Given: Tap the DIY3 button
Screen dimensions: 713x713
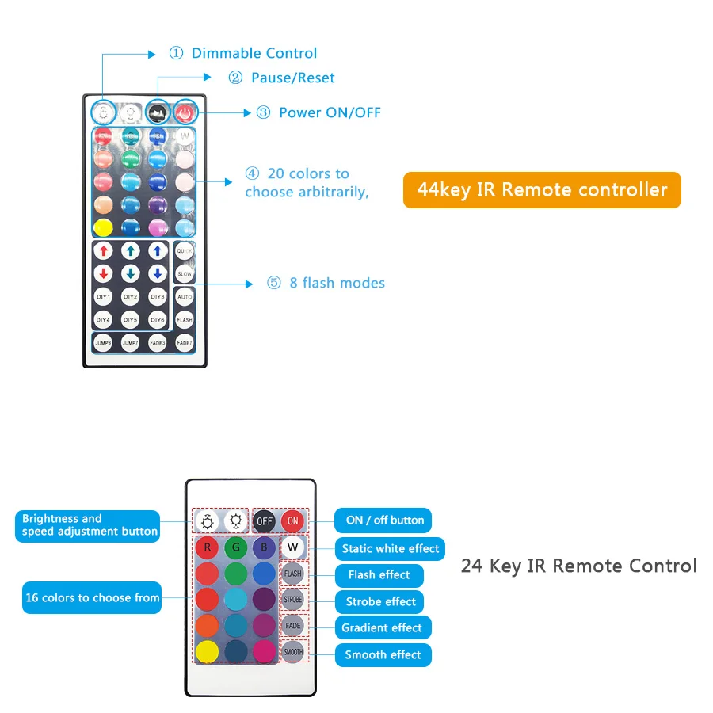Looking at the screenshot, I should pos(158,297).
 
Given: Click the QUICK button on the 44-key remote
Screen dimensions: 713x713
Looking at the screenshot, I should pos(185,251).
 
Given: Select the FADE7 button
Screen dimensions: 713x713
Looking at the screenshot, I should pos(185,343).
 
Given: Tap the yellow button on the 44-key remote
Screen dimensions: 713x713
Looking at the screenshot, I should pos(103,228).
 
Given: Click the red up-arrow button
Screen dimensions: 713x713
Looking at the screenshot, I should pos(103,251).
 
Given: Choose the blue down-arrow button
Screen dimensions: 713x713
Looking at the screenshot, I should pos(158,274).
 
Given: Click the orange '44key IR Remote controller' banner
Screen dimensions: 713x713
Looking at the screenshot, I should pos(542,190).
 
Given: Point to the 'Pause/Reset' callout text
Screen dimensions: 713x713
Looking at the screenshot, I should pos(292,78).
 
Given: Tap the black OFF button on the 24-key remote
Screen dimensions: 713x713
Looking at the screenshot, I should pos(264,520).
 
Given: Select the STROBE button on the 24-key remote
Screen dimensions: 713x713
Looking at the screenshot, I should pos(293,600).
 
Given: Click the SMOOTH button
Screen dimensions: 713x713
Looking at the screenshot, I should pos(293,652).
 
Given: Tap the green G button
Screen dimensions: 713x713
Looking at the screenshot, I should pos(234,547).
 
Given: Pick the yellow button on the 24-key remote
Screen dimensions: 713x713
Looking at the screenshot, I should pos(208,652).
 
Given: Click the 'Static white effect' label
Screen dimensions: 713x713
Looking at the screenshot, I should pos(390,548).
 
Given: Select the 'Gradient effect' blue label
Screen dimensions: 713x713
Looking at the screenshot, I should pos(382,627).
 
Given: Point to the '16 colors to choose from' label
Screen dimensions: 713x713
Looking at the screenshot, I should pos(92,597).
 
